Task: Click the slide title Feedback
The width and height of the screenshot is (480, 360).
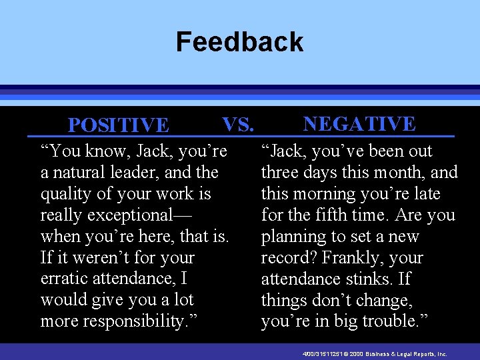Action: point(239,42)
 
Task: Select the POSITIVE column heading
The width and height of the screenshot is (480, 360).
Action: point(119,125)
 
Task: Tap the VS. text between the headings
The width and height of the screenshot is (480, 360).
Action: point(238,124)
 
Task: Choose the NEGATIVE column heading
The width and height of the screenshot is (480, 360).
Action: point(359,124)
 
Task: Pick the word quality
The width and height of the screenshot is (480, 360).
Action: point(64,194)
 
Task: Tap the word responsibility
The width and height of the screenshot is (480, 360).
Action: point(123,322)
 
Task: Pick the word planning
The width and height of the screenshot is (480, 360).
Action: point(290,237)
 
